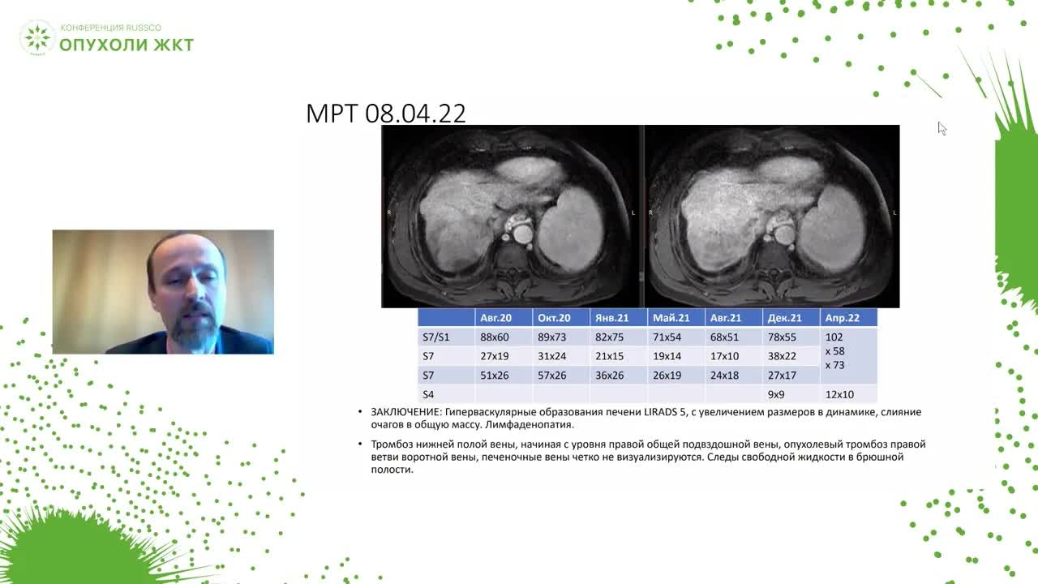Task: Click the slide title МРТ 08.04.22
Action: pos(385,113)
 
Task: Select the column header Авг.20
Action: pos(495,318)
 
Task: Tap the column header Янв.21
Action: pos(611,318)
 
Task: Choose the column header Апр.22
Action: pos(842,318)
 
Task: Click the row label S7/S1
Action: pos(435,337)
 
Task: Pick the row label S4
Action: pos(428,394)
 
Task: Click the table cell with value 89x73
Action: pos(551,337)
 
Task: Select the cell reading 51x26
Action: pos(494,376)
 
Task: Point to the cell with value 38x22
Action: pos(782,356)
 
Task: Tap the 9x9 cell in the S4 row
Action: pos(776,394)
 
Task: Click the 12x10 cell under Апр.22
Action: pos(839,394)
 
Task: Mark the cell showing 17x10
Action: pos(724,356)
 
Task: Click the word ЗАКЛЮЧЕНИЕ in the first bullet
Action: pos(405,412)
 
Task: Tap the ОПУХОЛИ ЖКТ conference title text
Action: pos(127,45)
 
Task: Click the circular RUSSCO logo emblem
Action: pos(37,37)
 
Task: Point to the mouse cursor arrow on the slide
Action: pos(941,128)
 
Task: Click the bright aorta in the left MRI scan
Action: pos(523,234)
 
